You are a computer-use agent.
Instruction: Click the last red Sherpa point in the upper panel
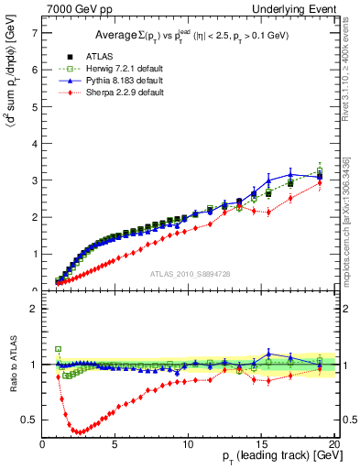click(x=319, y=182)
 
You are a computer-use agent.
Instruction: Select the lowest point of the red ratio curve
click(x=80, y=431)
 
